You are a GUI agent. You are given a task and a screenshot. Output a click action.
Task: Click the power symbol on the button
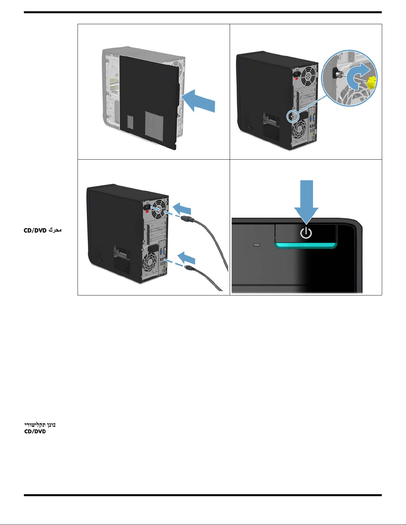(x=306, y=233)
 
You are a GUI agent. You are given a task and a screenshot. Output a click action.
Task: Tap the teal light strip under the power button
(x=306, y=245)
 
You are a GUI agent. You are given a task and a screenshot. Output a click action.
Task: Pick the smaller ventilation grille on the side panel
(x=130, y=122)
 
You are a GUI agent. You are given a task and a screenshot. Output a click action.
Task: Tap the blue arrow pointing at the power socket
(x=182, y=209)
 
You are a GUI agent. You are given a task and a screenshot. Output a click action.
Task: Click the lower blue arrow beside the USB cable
(x=186, y=257)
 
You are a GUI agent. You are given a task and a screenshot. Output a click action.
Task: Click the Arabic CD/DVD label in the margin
(x=42, y=230)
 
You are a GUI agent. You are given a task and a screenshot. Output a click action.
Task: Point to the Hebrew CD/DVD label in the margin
(x=40, y=428)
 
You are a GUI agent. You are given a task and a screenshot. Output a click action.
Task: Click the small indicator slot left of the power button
(x=257, y=245)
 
